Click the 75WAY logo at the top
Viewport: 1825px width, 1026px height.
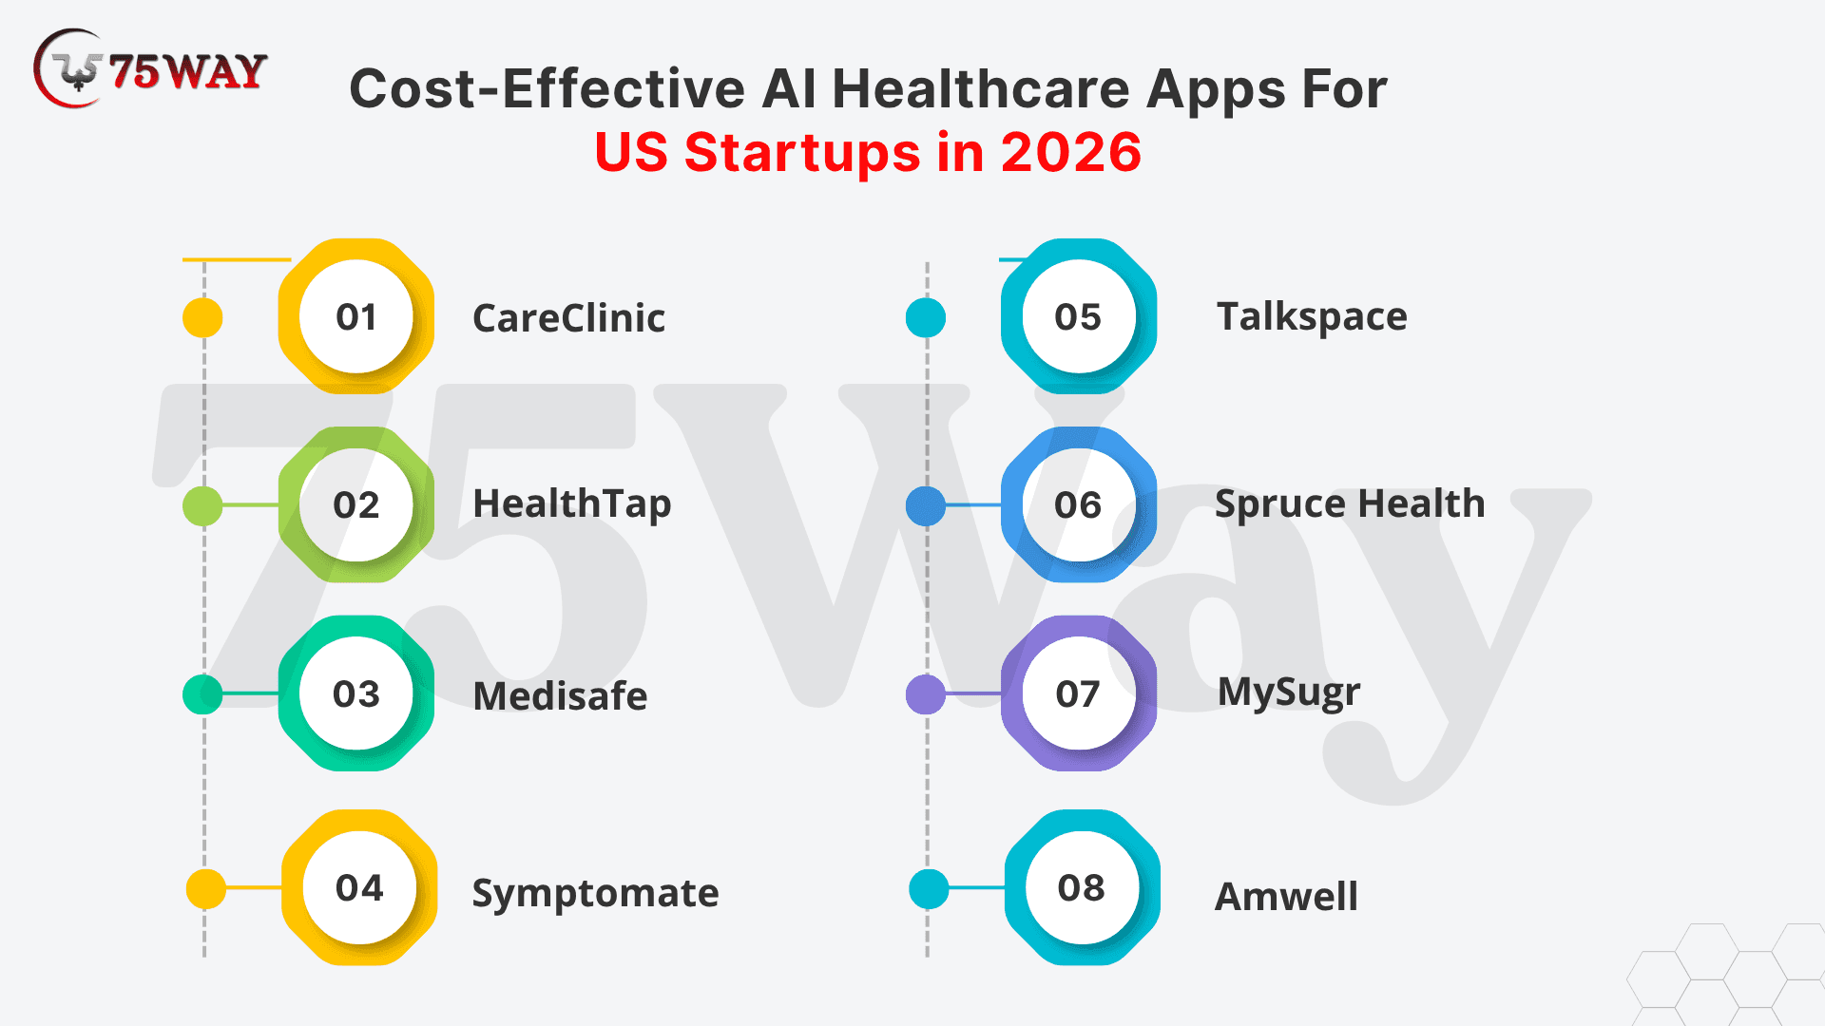click(150, 68)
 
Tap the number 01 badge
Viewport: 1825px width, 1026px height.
click(356, 316)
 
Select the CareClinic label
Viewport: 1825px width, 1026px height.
click(568, 318)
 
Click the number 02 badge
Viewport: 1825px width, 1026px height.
click(356, 504)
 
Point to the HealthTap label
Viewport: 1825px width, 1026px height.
click(572, 504)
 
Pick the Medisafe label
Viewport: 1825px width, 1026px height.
click(560, 696)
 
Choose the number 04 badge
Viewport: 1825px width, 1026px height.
click(359, 887)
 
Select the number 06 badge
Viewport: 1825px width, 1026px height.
click(1079, 504)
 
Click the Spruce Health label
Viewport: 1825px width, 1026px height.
click(1350, 504)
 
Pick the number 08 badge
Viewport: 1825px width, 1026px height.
click(1082, 887)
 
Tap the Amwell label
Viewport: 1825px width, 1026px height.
click(1287, 897)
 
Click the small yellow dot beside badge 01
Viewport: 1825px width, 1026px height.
click(202, 317)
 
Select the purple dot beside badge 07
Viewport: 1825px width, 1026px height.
click(926, 694)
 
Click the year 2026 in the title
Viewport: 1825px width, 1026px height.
click(1071, 152)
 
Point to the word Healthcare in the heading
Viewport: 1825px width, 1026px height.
click(982, 89)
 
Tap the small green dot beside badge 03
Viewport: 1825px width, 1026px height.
click(202, 694)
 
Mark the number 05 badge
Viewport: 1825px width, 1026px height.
click(1079, 316)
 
